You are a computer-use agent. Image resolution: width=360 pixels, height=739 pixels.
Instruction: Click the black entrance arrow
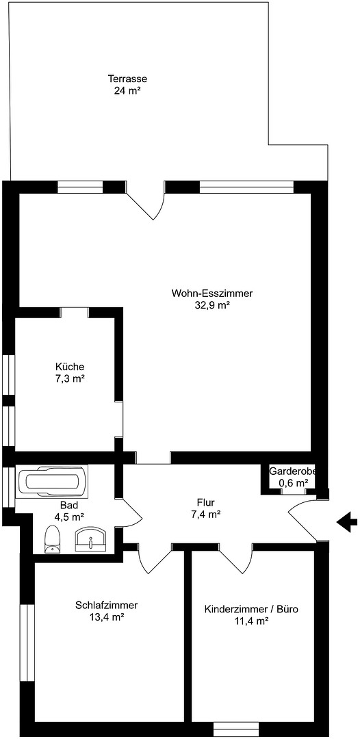tap(347, 521)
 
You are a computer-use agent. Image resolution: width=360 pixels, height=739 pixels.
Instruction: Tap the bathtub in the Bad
tap(52, 481)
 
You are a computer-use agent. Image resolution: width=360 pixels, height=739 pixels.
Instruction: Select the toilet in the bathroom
tap(52, 539)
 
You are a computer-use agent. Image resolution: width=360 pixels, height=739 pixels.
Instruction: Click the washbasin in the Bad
tap(91, 539)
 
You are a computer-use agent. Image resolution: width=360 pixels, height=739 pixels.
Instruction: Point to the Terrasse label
tap(128, 79)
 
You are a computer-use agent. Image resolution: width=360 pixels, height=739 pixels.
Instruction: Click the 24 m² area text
tap(128, 91)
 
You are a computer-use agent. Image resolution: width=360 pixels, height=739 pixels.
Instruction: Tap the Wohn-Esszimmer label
tap(212, 293)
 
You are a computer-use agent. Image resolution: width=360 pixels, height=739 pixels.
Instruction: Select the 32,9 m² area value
tap(212, 305)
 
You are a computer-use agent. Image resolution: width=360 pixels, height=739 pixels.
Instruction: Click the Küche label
tap(70, 366)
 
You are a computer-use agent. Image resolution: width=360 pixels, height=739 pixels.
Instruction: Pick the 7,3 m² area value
tap(70, 378)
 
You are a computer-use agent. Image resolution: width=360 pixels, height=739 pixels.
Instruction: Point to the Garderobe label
tap(292, 471)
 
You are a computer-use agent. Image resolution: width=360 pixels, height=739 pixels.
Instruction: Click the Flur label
tap(206, 502)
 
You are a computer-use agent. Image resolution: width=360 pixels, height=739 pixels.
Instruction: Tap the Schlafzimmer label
tap(107, 605)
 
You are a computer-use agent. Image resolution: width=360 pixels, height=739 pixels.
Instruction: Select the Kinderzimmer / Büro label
tap(251, 609)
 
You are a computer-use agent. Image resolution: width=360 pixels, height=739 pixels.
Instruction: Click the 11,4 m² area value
tap(251, 621)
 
